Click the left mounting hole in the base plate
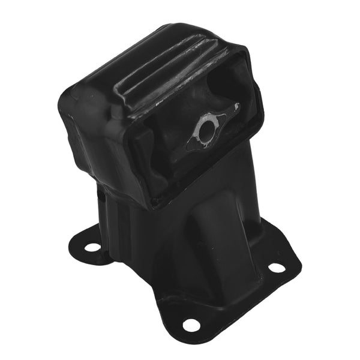(92, 247)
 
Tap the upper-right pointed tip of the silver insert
(236, 107)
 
